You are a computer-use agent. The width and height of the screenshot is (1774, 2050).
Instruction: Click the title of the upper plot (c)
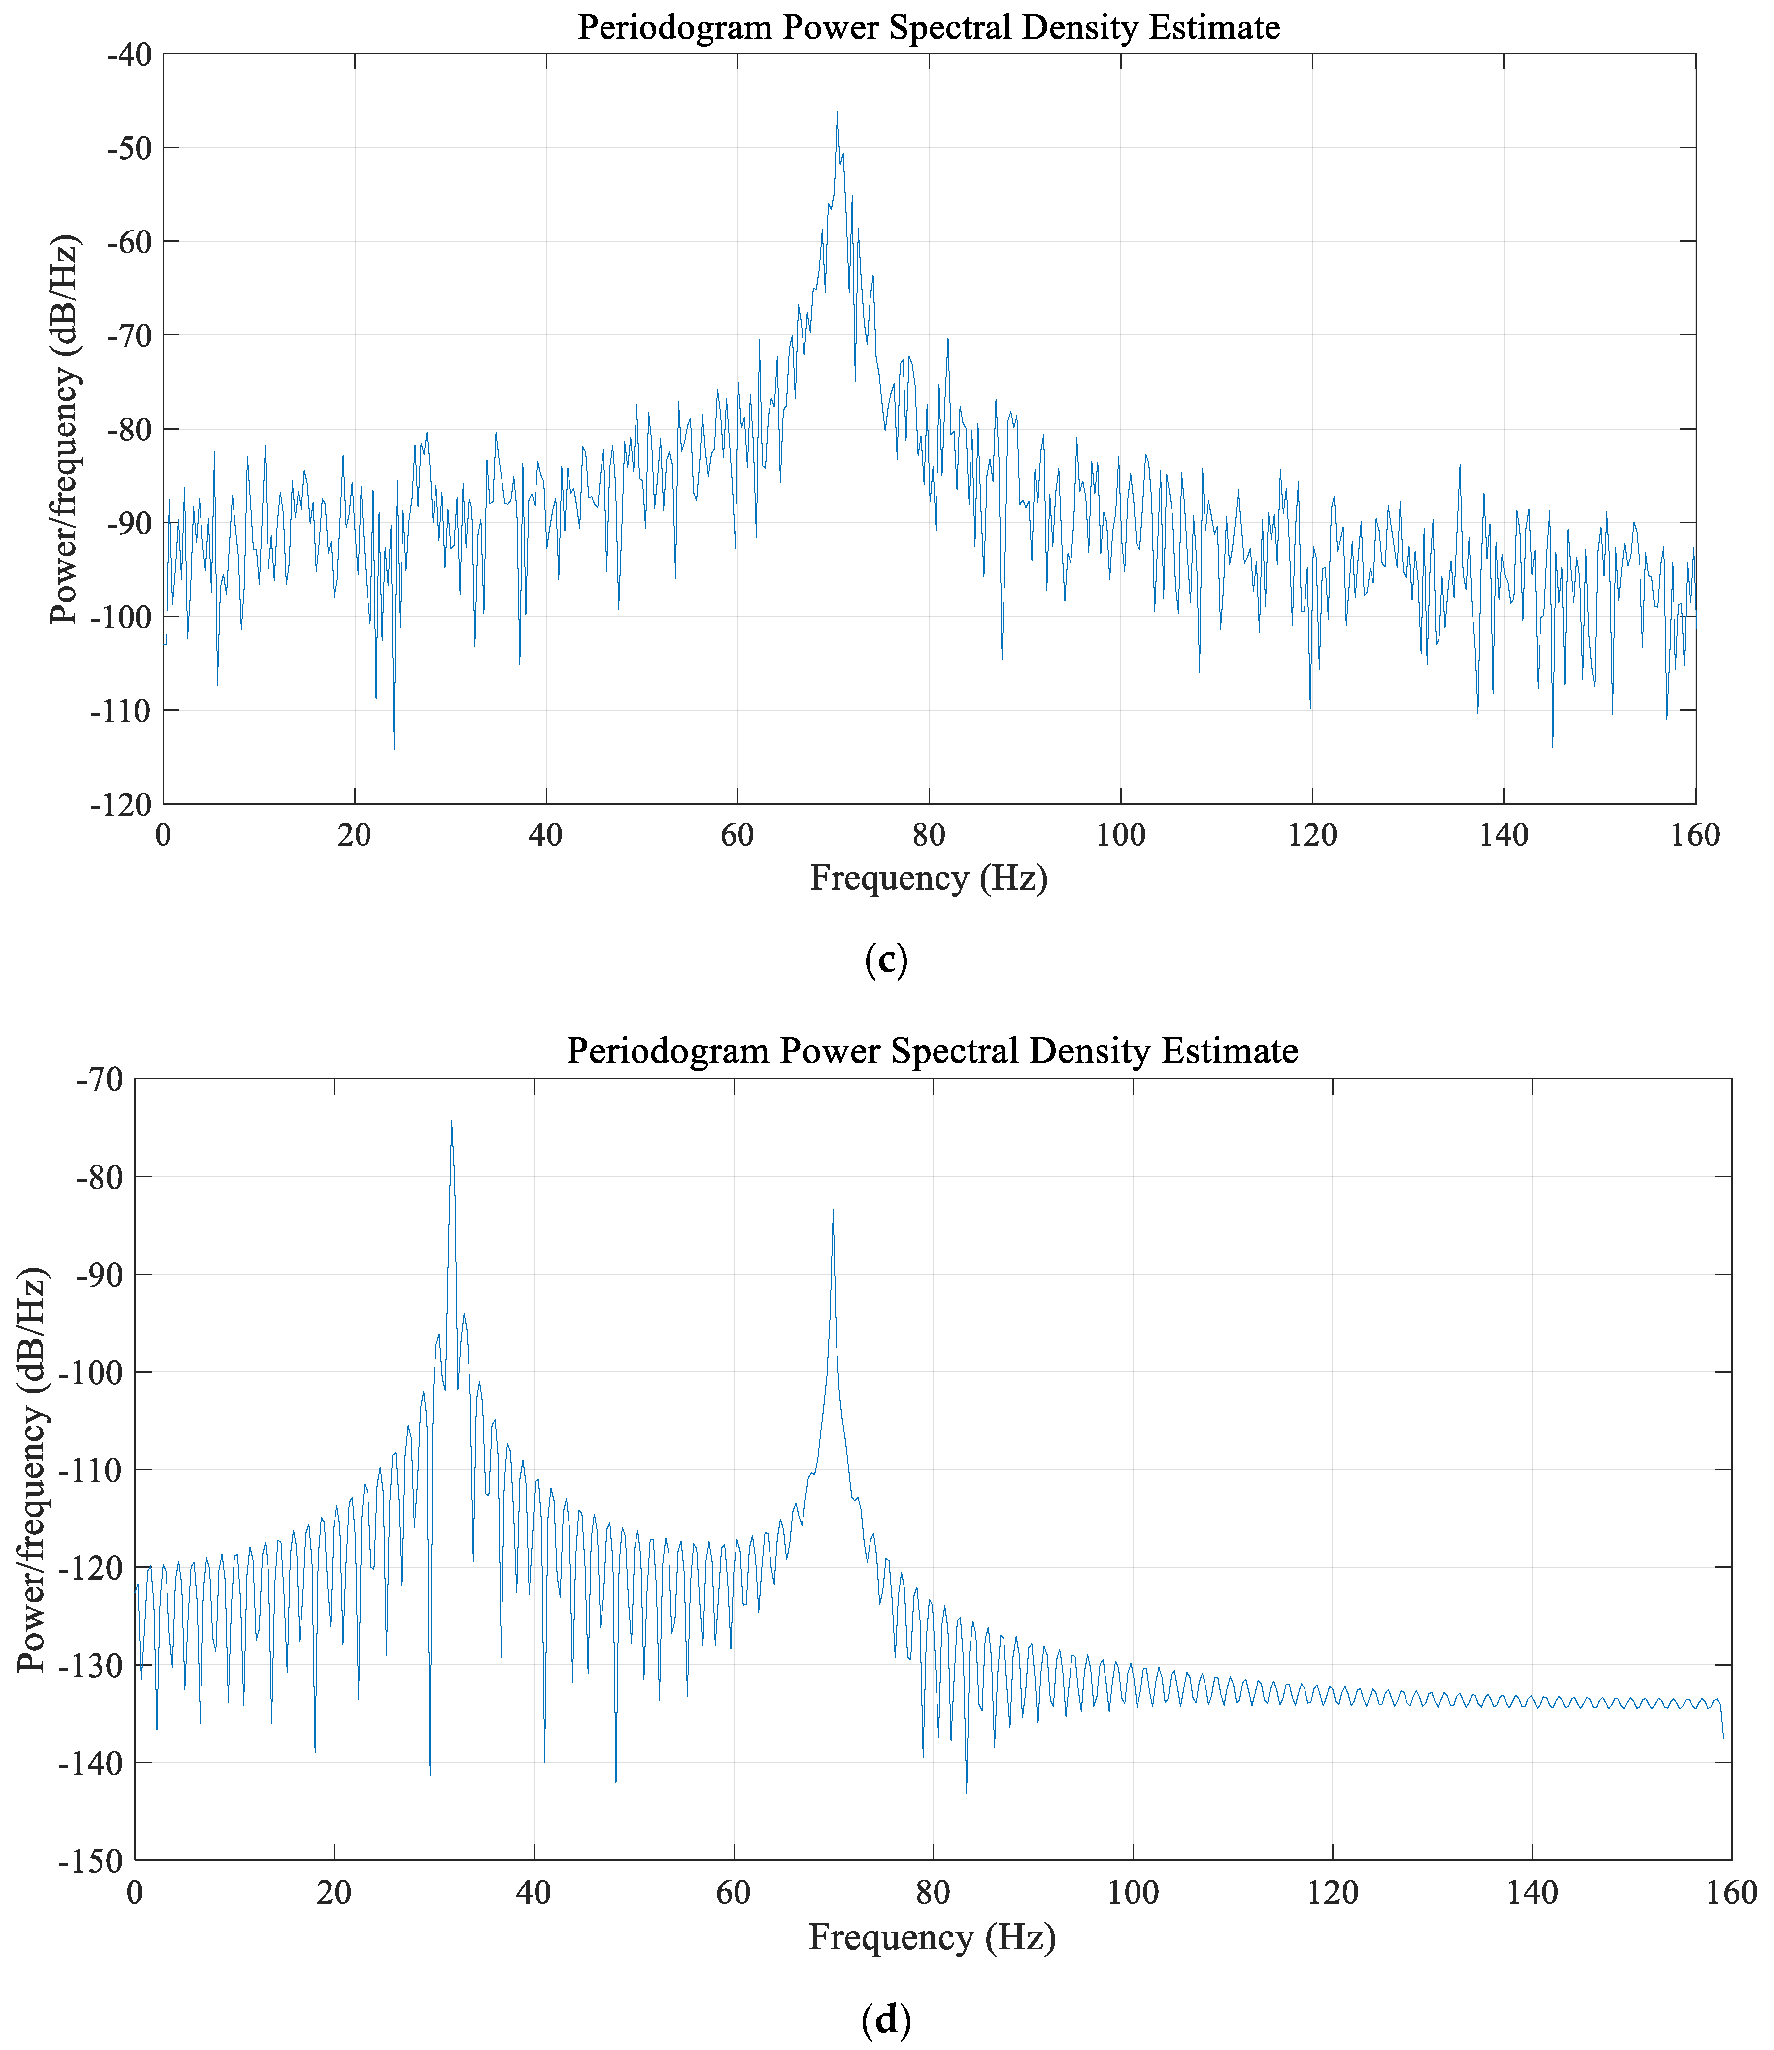pos(929,28)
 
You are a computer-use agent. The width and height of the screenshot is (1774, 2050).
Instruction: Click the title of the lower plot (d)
pos(932,1050)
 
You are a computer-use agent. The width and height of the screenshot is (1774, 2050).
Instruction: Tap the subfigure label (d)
pos(886,2019)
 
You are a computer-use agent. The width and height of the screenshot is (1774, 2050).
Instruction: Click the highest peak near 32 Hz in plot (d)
pos(451,1123)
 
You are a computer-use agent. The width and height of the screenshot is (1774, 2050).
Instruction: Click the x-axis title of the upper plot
pos(929,878)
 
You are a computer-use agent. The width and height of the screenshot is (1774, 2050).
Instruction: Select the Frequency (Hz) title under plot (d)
pos(932,1937)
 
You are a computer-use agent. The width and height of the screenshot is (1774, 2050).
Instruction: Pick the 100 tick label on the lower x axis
pos(1133,1893)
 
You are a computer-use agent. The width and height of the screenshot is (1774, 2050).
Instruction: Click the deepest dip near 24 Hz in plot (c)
pos(394,748)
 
